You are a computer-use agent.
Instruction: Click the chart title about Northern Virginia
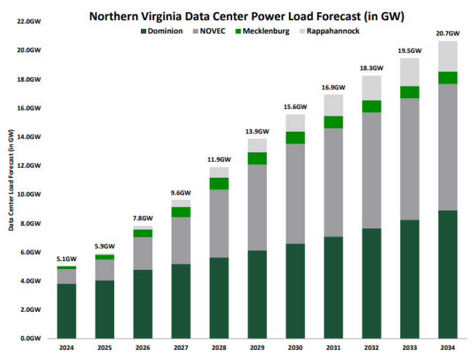(x=247, y=16)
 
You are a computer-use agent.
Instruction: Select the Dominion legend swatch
(x=143, y=31)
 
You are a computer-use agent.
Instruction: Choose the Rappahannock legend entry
(x=333, y=31)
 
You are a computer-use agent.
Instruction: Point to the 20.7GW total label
(x=447, y=34)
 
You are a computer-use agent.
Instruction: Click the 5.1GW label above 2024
(x=67, y=260)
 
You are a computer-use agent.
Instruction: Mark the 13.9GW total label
(x=257, y=131)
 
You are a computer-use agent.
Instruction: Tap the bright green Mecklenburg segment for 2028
(x=219, y=183)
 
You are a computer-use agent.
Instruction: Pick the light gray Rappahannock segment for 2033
(x=409, y=72)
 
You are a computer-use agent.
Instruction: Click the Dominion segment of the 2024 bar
(x=67, y=311)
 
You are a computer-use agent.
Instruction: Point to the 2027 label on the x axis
(x=181, y=348)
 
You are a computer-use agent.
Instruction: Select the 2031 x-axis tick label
(x=333, y=348)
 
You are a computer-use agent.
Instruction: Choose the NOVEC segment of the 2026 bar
(x=143, y=253)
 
